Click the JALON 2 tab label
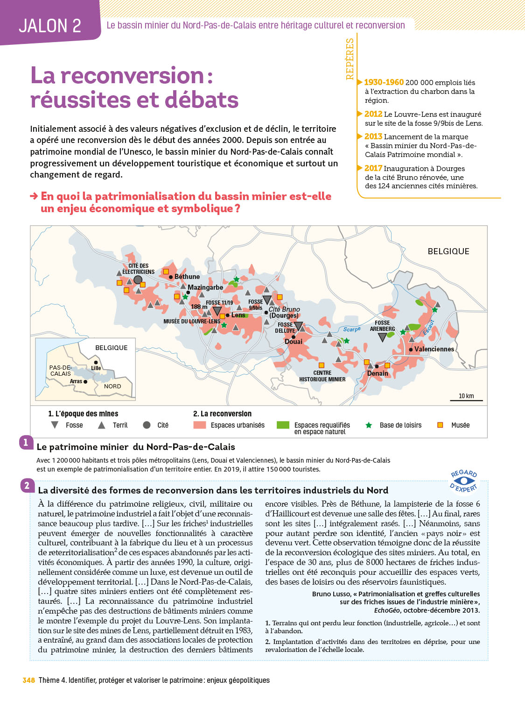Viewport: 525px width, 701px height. [x=50, y=26]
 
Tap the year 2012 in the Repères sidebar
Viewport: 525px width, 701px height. [x=373, y=114]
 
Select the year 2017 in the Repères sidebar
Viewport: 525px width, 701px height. [x=373, y=168]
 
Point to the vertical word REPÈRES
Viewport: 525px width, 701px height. [x=350, y=59]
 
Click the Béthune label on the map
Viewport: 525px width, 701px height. [x=187, y=277]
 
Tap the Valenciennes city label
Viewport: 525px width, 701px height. [x=434, y=349]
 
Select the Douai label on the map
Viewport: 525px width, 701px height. [x=294, y=342]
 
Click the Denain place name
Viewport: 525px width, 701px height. [x=378, y=373]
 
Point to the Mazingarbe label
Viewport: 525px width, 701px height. [x=205, y=287]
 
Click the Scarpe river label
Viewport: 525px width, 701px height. [x=352, y=329]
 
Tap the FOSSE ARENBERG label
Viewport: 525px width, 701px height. [x=382, y=326]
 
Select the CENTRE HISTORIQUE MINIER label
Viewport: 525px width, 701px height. [x=322, y=376]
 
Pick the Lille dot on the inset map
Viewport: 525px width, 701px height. [x=96, y=362]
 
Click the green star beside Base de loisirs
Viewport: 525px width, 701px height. [x=369, y=425]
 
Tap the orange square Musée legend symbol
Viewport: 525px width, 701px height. [x=440, y=425]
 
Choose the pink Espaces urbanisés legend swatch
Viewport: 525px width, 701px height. [x=200, y=425]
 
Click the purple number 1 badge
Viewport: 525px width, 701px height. [x=26, y=442]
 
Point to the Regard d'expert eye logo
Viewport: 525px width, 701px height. [x=464, y=481]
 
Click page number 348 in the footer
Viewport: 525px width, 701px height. [x=29, y=680]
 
